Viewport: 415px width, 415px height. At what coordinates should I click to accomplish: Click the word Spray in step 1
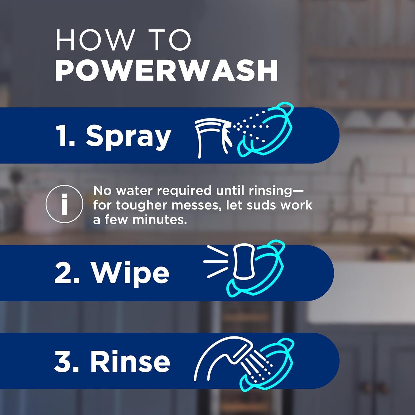(128, 136)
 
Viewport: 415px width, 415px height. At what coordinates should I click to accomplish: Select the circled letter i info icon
(64, 204)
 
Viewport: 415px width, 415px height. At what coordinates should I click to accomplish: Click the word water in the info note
(134, 191)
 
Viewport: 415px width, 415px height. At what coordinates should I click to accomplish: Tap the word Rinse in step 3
(130, 361)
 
